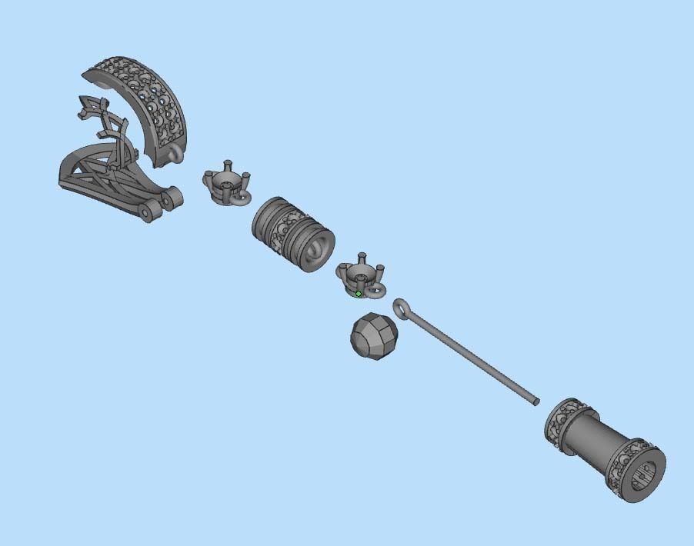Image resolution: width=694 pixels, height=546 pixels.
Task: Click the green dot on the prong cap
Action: coord(359,294)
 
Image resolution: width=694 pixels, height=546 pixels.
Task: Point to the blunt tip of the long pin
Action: coord(536,401)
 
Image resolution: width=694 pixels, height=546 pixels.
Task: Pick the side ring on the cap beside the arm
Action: coord(240,198)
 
